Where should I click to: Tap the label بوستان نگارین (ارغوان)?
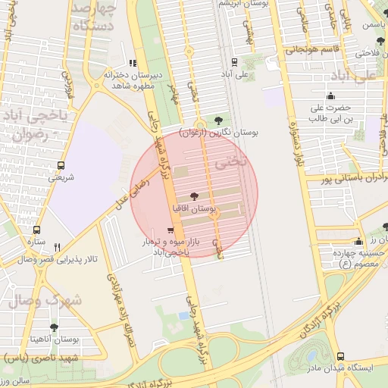[x=219, y=133]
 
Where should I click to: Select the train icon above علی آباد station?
[x=235, y=62]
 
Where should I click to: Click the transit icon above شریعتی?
[x=61, y=165]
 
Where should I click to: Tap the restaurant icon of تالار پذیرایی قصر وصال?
[x=57, y=247]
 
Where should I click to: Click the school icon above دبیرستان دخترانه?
[x=133, y=64]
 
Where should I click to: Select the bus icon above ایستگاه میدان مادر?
[x=340, y=355]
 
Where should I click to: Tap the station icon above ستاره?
[x=36, y=230]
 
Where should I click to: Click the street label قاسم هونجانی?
[x=315, y=50]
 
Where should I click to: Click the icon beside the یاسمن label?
[x=355, y=24]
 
